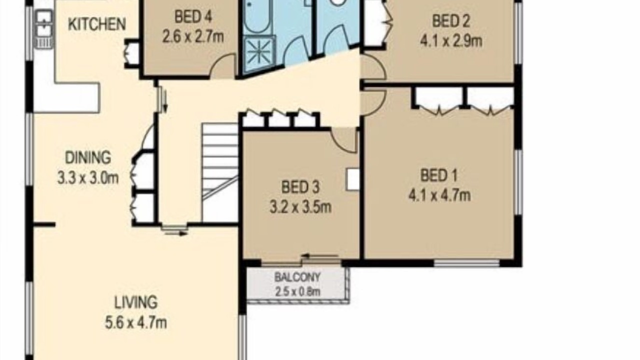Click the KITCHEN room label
pos(97,24)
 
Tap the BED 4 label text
pos(193,16)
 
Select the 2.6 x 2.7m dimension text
pos(193,37)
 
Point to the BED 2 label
pos(451,21)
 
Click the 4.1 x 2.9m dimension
pos(451,41)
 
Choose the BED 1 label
pos(439,175)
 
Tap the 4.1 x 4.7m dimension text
pos(439,195)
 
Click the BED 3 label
pos(300,187)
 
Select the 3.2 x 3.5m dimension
pos(300,207)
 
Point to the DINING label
pos(88,157)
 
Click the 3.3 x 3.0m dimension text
pos(88,177)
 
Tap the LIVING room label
pos(136,302)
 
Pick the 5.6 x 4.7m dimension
pos(136,323)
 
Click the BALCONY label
pos(297,277)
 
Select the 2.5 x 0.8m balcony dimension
pos(297,291)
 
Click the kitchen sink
pos(44,29)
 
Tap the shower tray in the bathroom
pos(259,53)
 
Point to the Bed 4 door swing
pos(223,66)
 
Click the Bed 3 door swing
pos(344,140)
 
